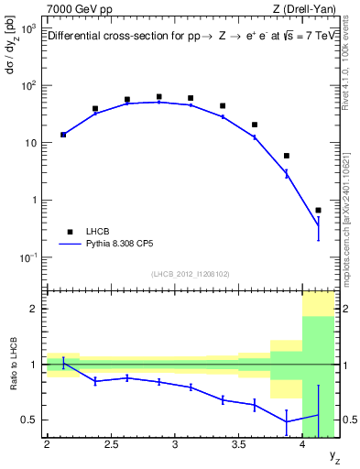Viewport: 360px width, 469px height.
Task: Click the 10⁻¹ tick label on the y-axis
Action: coord(27,257)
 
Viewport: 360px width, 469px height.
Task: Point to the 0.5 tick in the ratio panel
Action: coord(30,420)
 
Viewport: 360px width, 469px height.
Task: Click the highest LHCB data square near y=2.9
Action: coord(158,96)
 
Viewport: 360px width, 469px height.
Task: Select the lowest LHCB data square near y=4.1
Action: coord(318,210)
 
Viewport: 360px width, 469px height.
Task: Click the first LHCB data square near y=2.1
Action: coord(63,135)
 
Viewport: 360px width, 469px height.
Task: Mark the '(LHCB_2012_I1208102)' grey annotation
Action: coord(191,274)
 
